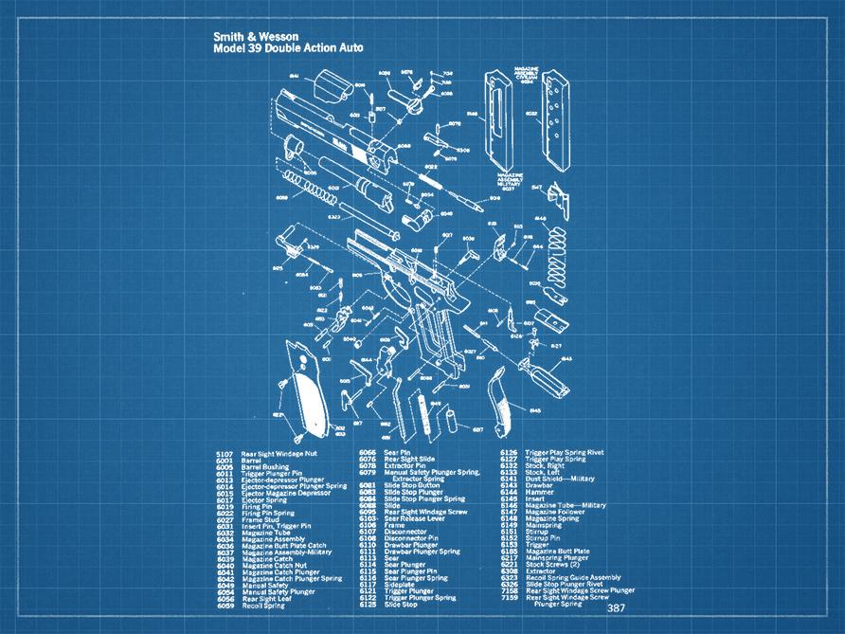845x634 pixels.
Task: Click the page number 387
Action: point(617,608)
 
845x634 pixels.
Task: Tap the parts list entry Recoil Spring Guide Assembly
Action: point(572,577)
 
